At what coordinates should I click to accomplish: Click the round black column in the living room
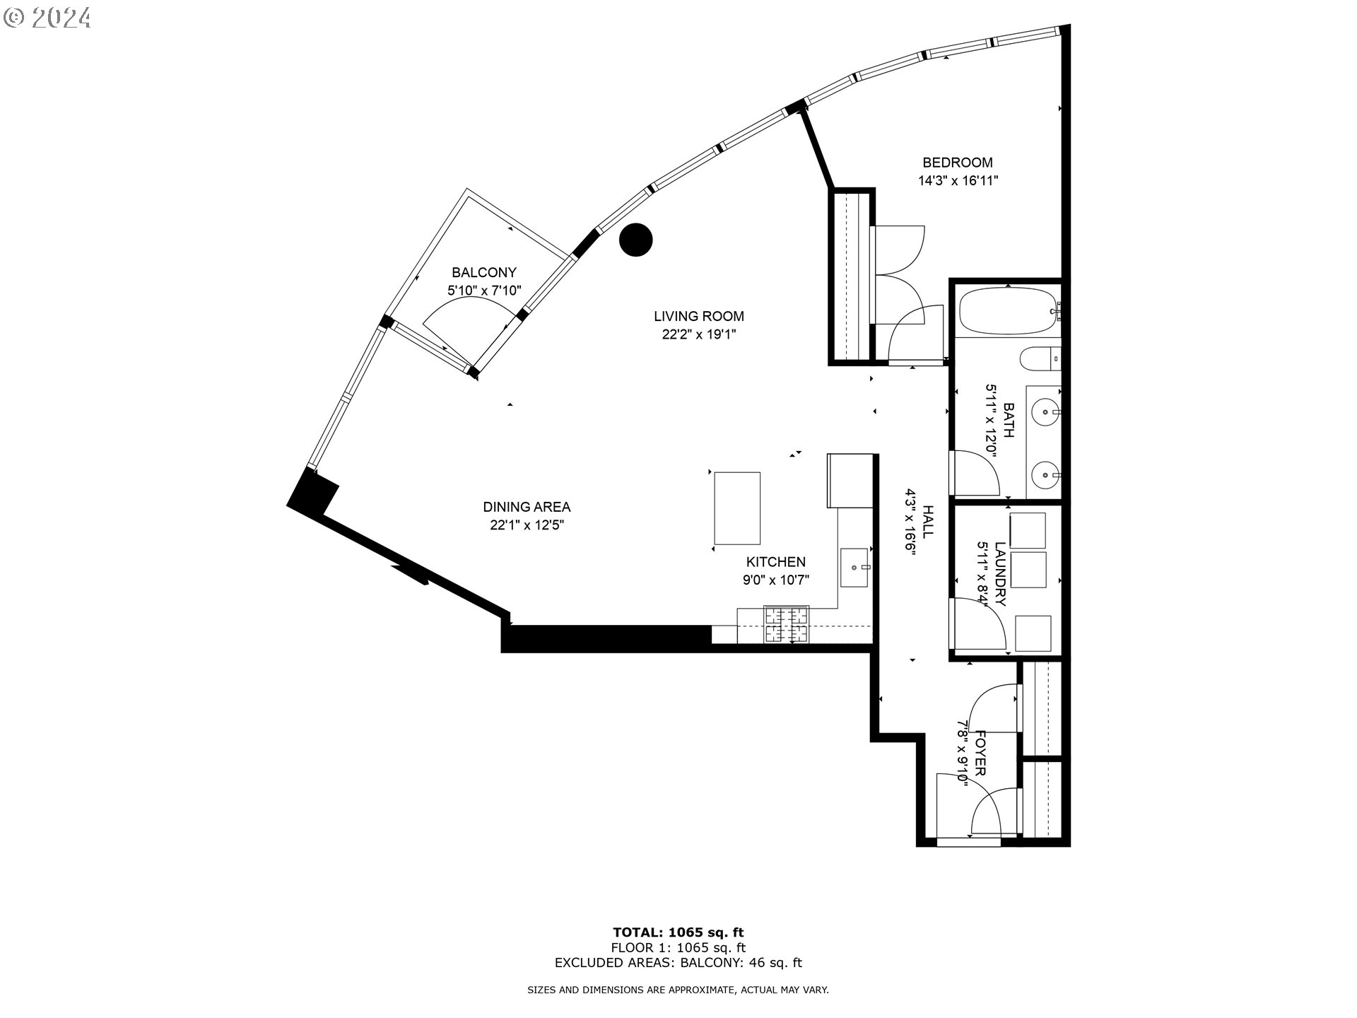point(635,240)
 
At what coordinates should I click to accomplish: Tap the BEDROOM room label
point(957,163)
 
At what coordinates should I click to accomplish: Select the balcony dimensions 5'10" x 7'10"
point(484,290)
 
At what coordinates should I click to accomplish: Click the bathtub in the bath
point(1006,311)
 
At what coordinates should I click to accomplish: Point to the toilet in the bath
point(1040,359)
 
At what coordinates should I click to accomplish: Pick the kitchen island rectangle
point(737,508)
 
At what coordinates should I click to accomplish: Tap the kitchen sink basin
point(855,567)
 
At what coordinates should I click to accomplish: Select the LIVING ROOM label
point(698,316)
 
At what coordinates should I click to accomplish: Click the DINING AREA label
point(527,507)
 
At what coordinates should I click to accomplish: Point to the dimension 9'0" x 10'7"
point(775,580)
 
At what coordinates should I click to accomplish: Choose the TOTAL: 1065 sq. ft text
point(678,932)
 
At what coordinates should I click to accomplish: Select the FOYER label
point(980,753)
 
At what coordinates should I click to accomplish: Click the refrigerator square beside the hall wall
point(850,481)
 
